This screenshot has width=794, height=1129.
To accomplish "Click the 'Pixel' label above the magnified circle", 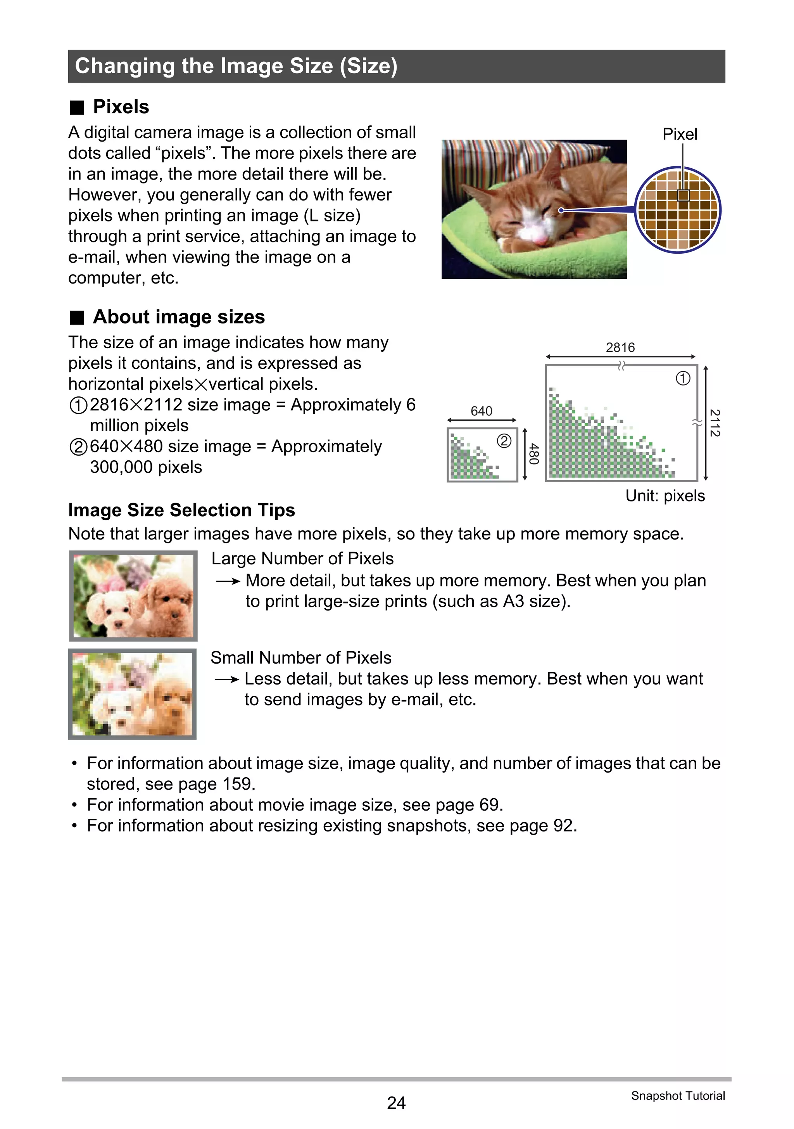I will [x=680, y=134].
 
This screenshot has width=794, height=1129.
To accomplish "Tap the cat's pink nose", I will [x=540, y=239].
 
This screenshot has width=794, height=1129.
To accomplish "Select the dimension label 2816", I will [x=620, y=348].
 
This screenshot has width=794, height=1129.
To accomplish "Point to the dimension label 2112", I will [x=715, y=423].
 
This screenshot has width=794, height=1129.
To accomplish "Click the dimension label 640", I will [x=481, y=411].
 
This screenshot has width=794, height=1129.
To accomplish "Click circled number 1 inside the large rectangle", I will [x=683, y=378].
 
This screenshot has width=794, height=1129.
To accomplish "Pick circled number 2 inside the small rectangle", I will [x=504, y=441].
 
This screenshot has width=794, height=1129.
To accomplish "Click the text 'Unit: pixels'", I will [x=665, y=496].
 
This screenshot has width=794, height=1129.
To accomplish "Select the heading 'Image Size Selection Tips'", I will [x=181, y=510].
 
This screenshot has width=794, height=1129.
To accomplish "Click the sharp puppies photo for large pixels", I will [x=133, y=596].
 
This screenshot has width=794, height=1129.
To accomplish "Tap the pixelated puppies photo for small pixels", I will [x=132, y=694].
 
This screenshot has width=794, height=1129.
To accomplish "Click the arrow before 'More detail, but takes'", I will [x=228, y=582].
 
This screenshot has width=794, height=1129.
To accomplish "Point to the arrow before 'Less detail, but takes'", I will [x=227, y=680].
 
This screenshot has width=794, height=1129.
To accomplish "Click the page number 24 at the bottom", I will [x=396, y=1103].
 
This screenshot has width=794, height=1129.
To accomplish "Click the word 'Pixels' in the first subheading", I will [x=121, y=107].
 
